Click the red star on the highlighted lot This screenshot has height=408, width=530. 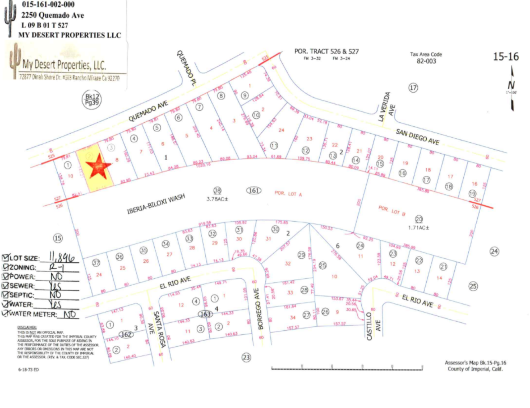click(x=98, y=167)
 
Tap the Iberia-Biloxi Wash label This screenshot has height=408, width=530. click(x=156, y=204)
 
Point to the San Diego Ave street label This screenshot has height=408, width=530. click(x=417, y=137)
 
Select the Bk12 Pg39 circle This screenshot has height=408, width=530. click(x=92, y=100)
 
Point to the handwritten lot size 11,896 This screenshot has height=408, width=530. click(x=62, y=257)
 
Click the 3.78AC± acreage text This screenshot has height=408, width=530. click(x=217, y=199)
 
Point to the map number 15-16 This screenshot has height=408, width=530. click(x=505, y=57)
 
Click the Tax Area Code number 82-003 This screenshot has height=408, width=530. click(x=426, y=61)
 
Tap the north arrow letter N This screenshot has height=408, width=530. click(x=511, y=85)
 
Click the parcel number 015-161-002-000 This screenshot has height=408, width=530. click(x=48, y=5)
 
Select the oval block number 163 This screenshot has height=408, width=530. click(x=205, y=314)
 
